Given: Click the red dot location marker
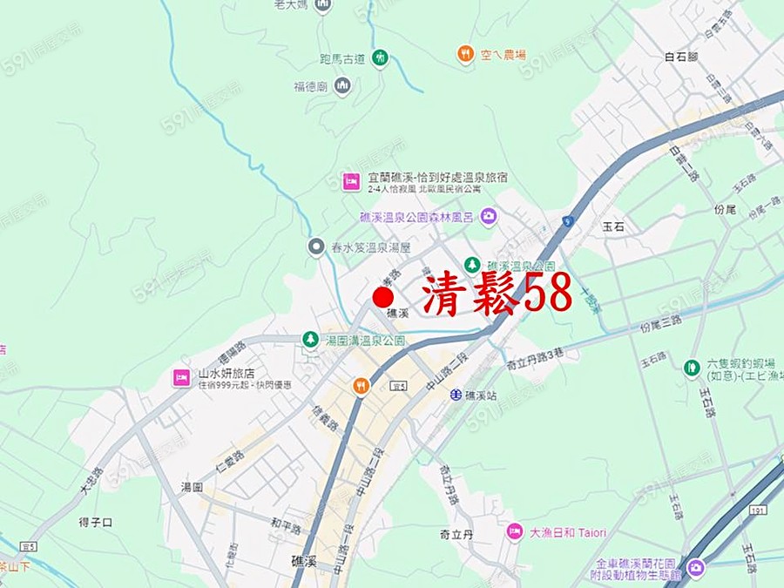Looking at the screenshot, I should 382,297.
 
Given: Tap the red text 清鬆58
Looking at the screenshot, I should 497,294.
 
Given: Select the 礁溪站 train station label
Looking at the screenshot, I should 481,395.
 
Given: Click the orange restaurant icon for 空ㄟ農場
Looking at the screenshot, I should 465,54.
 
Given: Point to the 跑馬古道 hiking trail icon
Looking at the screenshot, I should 380,58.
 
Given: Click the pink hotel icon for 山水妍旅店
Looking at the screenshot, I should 181,377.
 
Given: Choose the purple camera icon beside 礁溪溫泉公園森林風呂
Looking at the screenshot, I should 489,216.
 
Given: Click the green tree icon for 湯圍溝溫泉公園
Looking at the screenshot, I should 309,339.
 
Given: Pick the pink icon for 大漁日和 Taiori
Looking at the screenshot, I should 516,531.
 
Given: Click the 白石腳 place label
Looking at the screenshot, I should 681,57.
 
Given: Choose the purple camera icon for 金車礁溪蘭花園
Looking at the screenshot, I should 695,569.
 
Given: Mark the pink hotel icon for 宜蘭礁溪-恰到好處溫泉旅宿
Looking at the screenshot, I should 350,181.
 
